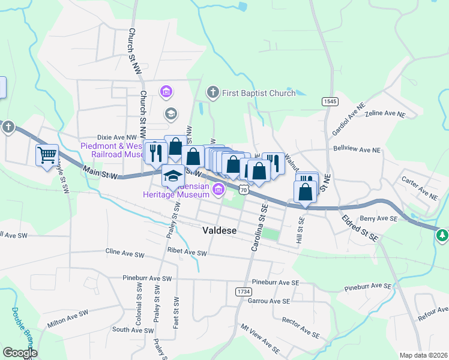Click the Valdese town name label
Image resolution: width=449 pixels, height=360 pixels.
click(x=220, y=230)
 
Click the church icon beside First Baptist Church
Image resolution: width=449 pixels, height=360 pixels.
click(x=212, y=92)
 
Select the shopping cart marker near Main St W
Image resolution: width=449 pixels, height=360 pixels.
click(x=47, y=156)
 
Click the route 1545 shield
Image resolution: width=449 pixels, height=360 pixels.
click(x=329, y=101)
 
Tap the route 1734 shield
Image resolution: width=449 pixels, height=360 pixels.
click(x=243, y=290)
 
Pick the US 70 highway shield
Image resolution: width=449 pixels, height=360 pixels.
click(x=243, y=190)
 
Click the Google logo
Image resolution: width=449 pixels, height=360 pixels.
click(x=20, y=353)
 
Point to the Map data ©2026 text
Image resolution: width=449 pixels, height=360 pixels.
click(x=424, y=355)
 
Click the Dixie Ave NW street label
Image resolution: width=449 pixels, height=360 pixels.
click(x=117, y=137)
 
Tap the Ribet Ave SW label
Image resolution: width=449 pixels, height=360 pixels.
click(x=187, y=254)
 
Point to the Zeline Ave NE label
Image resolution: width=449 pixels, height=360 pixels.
click(x=386, y=114)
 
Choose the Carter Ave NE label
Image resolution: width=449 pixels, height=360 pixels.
click(x=421, y=191)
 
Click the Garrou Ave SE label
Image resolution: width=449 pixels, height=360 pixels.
click(x=269, y=301)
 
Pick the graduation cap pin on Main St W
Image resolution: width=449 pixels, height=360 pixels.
click(x=173, y=176)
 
